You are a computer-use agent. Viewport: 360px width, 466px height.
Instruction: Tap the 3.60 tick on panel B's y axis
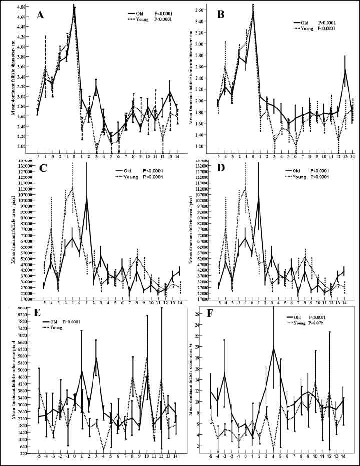tap(200, 10)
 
